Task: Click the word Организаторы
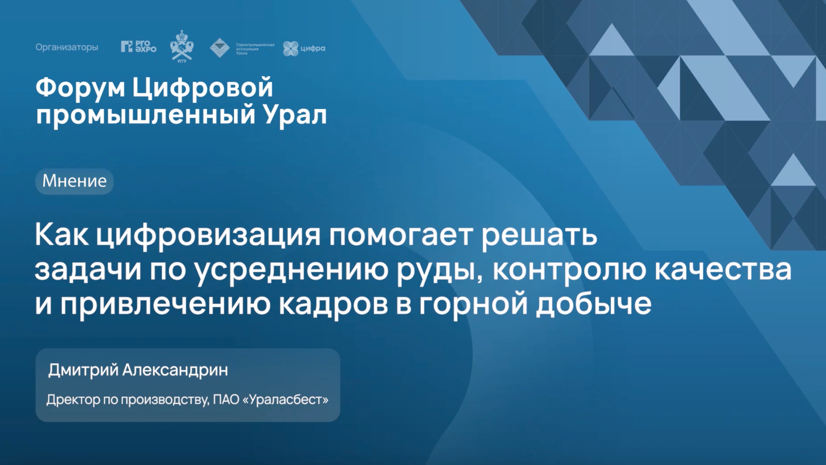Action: point(67,47)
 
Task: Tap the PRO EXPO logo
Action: point(139,47)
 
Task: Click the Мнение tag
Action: point(74,181)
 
